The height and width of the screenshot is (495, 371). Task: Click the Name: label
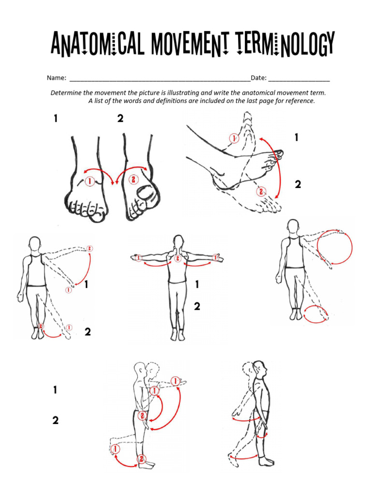point(56,78)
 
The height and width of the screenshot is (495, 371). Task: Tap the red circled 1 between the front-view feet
point(89,181)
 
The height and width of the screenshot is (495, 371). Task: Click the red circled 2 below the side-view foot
point(261,191)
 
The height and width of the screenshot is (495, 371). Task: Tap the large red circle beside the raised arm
point(335,247)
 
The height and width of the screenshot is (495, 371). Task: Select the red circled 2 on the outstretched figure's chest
point(178,259)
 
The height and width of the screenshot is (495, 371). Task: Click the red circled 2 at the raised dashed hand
point(89,248)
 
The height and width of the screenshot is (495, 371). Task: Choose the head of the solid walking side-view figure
point(260,369)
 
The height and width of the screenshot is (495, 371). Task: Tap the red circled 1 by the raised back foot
point(115,450)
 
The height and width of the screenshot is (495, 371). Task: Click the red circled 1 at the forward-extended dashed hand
point(175,380)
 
